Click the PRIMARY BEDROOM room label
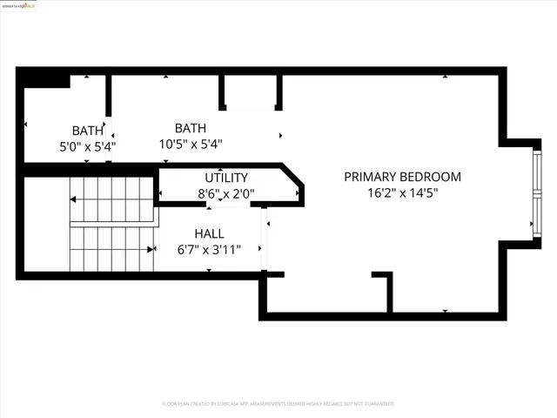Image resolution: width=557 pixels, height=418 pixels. [402, 177]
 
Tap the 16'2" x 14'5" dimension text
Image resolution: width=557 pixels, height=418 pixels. [402, 193]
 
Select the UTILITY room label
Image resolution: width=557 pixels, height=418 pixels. [226, 178]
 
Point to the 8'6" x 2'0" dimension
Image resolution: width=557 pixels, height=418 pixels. [225, 194]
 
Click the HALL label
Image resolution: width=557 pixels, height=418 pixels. [209, 233]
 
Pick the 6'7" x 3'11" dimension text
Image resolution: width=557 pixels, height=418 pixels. [209, 250]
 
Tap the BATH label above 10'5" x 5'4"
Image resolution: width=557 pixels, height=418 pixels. [191, 128]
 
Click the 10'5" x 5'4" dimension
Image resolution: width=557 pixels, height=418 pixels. [191, 145]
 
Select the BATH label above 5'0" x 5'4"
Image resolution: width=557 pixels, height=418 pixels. [87, 131]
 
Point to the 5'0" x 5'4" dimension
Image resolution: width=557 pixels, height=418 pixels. [87, 147]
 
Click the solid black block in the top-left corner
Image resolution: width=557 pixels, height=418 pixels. [46, 78]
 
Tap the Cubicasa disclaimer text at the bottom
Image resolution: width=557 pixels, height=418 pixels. [278, 404]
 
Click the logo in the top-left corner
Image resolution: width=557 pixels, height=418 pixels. [23, 5]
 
